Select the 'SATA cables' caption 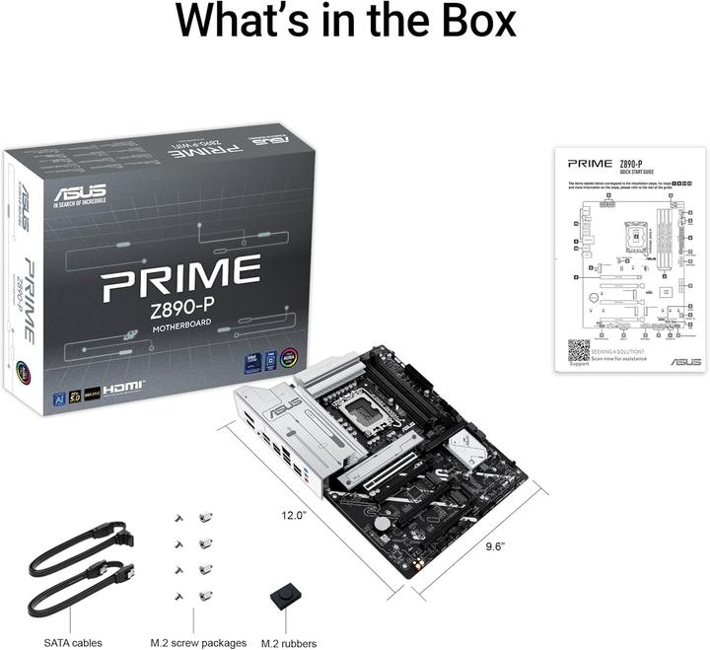73,642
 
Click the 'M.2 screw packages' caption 198,642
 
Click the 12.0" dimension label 294,514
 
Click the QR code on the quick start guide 578,352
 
